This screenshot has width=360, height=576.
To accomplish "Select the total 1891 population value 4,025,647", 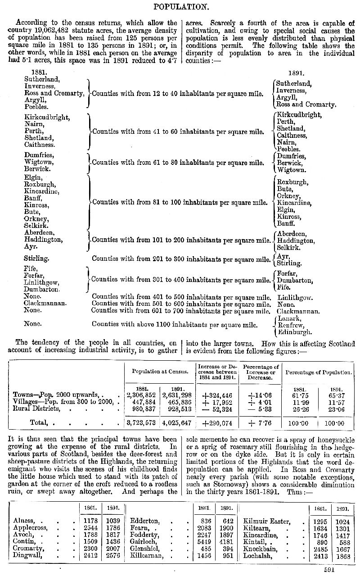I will point(177,423).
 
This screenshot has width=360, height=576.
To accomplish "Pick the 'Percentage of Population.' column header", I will point(318,372).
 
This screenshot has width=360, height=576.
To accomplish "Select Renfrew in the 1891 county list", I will point(292,326).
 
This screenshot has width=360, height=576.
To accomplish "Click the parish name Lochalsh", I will point(258,555).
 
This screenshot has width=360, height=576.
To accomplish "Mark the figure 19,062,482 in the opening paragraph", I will point(72,30).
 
